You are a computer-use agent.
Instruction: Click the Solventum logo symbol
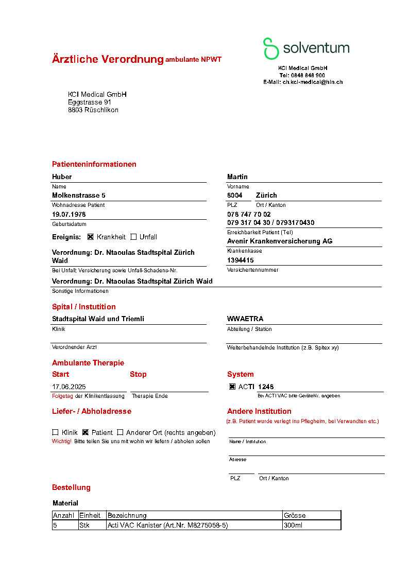pyautogui.click(x=271, y=48)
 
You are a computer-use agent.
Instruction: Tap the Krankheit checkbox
pyautogui.click(x=91, y=237)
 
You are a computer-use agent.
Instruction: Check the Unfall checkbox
pyautogui.click(x=133, y=237)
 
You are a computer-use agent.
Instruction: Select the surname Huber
pyautogui.click(x=62, y=177)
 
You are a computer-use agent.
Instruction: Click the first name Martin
pyautogui.click(x=237, y=177)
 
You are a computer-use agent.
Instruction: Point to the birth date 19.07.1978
pyautogui.click(x=69, y=214)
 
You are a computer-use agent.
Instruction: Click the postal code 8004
pyautogui.click(x=235, y=196)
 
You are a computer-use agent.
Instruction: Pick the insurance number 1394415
pyautogui.click(x=241, y=260)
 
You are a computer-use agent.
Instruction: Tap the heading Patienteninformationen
pyautogui.click(x=94, y=165)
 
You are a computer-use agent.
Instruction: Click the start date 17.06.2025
pyautogui.click(x=69, y=387)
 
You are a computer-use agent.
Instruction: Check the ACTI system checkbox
pyautogui.click(x=232, y=387)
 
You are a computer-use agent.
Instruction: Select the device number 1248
pyautogui.click(x=266, y=387)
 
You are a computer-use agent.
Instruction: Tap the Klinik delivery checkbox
pyautogui.click(x=55, y=433)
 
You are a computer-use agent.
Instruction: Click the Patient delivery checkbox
pyautogui.click(x=86, y=433)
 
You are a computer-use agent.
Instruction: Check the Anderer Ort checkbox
pyautogui.click(x=120, y=433)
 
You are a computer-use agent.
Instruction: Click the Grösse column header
pyautogui.click(x=295, y=515)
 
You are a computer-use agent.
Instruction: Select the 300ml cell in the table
pyautogui.click(x=293, y=526)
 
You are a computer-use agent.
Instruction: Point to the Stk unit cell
pyautogui.click(x=84, y=526)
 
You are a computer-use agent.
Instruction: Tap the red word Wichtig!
pyautogui.click(x=62, y=442)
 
